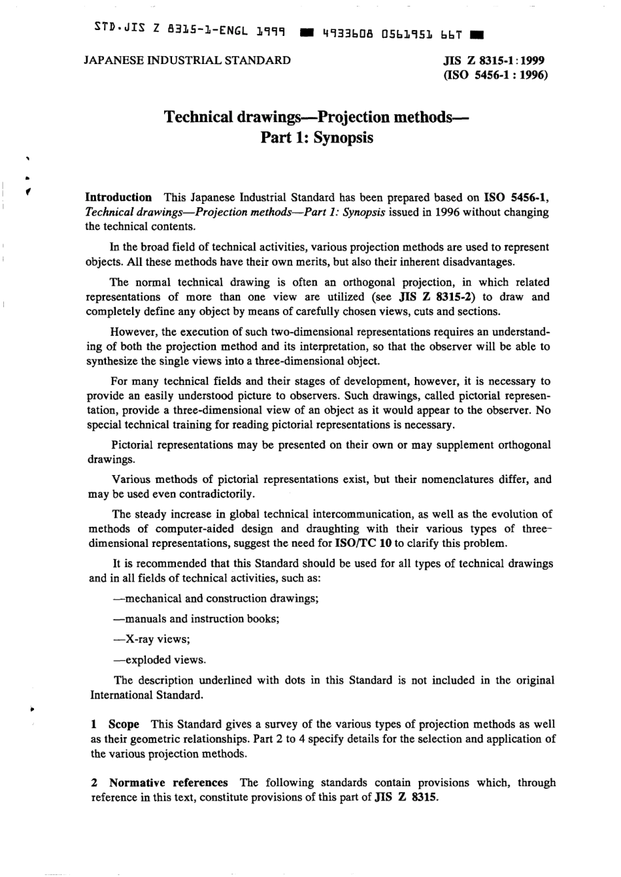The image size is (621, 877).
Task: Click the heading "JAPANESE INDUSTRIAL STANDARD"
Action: point(188,60)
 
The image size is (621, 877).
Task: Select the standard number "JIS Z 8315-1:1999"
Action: point(495,60)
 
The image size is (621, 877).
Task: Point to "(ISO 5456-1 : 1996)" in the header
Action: point(495,74)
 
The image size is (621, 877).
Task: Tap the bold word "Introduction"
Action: point(119,197)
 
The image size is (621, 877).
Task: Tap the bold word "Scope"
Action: point(124,724)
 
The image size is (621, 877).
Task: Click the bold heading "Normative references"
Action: point(169,782)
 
